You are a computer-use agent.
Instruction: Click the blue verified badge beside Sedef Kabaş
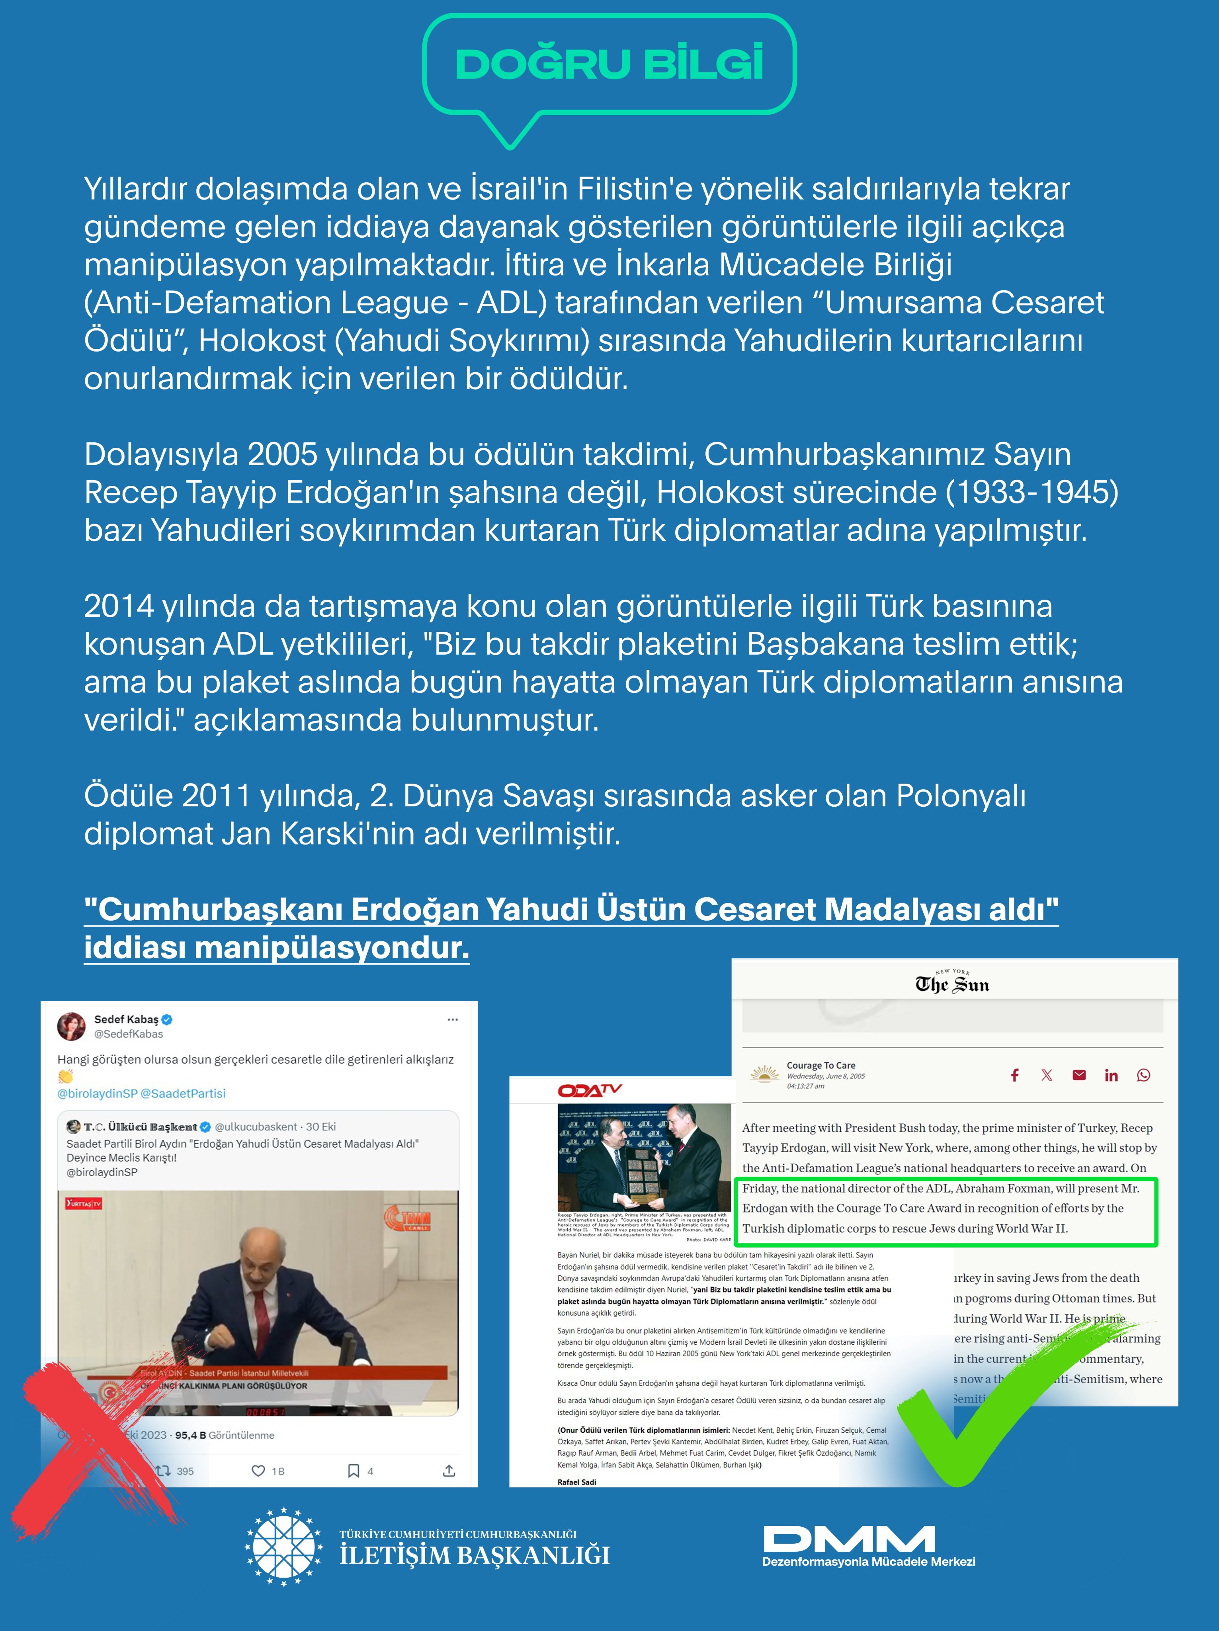pyautogui.click(x=167, y=1020)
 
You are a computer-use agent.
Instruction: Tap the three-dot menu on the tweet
pyautogui.click(x=453, y=1020)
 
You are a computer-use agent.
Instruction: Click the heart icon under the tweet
pyautogui.click(x=258, y=1471)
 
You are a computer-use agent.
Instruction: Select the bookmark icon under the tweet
pyautogui.click(x=354, y=1471)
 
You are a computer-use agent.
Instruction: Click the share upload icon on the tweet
pyautogui.click(x=449, y=1471)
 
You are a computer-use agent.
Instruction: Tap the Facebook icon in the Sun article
pyautogui.click(x=1015, y=1075)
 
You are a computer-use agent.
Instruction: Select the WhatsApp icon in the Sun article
pyautogui.click(x=1143, y=1075)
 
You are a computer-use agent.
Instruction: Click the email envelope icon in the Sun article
pyautogui.click(x=1079, y=1075)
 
